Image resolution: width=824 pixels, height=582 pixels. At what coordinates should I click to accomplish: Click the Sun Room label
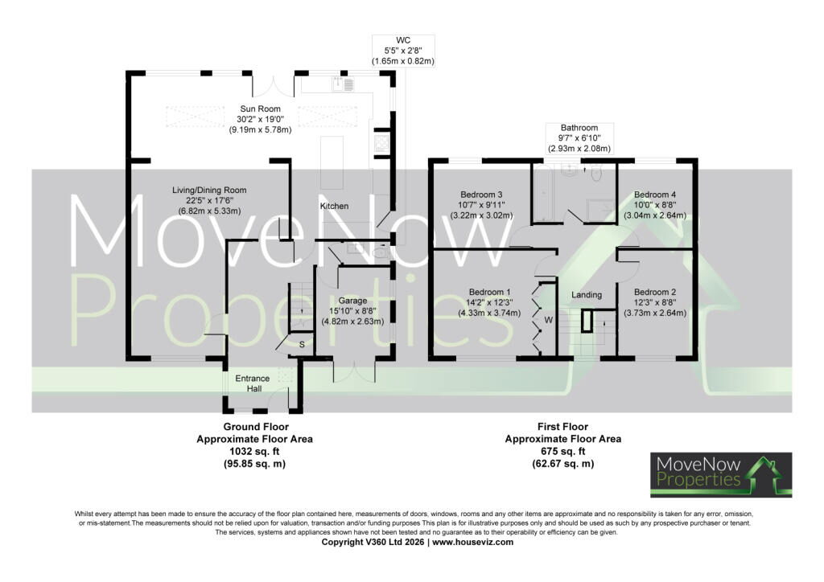(x=260, y=109)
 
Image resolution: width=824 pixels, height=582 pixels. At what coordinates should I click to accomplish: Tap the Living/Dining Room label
(x=209, y=190)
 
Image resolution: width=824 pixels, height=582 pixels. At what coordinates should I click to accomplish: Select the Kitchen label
(x=334, y=207)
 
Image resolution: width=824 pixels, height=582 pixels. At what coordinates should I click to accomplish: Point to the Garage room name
(x=352, y=301)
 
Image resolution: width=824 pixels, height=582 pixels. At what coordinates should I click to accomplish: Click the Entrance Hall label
(x=252, y=383)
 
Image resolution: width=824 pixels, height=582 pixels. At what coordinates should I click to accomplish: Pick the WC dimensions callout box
(x=403, y=51)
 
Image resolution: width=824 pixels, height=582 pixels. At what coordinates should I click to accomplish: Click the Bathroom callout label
(x=579, y=128)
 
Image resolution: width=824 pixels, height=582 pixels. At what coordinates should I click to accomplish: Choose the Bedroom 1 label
(x=490, y=292)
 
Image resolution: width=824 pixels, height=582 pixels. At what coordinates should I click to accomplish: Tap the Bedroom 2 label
(x=655, y=292)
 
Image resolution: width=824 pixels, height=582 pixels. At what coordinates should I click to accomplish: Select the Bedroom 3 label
(x=481, y=195)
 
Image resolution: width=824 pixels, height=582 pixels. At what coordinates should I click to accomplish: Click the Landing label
(x=587, y=295)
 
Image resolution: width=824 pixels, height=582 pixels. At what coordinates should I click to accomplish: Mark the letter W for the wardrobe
(x=549, y=320)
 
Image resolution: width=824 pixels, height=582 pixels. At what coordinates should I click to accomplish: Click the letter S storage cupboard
(x=303, y=344)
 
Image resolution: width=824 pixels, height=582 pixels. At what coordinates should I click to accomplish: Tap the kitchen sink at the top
(x=343, y=84)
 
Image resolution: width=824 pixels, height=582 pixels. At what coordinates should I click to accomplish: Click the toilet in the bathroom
(x=595, y=172)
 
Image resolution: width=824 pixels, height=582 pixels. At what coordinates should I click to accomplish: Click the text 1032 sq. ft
(x=255, y=451)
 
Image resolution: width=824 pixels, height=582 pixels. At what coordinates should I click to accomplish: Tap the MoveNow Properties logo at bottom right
(x=721, y=474)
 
